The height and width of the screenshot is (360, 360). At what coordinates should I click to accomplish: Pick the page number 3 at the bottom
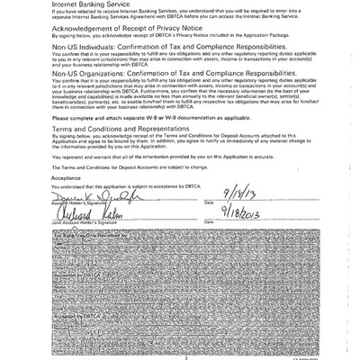(184, 356)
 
